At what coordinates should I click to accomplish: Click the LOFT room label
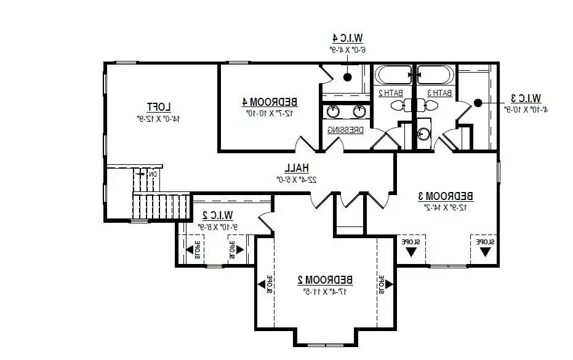pos(159,106)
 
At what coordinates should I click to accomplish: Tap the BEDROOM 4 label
pos(270,102)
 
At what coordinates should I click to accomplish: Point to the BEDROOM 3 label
pos(446,196)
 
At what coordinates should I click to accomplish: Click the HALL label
pos(296,168)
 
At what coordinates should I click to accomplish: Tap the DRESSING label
pos(345,130)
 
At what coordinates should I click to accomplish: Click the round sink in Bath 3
pos(424,134)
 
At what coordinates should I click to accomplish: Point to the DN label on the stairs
pos(153,174)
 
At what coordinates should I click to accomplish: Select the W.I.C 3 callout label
pos(526,98)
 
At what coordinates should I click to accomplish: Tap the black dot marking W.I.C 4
pos(348,78)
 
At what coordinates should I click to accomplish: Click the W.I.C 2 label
pos(218,215)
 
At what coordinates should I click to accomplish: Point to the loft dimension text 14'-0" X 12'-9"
pos(159,117)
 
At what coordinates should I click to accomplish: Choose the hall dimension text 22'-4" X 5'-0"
pos(296,179)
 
